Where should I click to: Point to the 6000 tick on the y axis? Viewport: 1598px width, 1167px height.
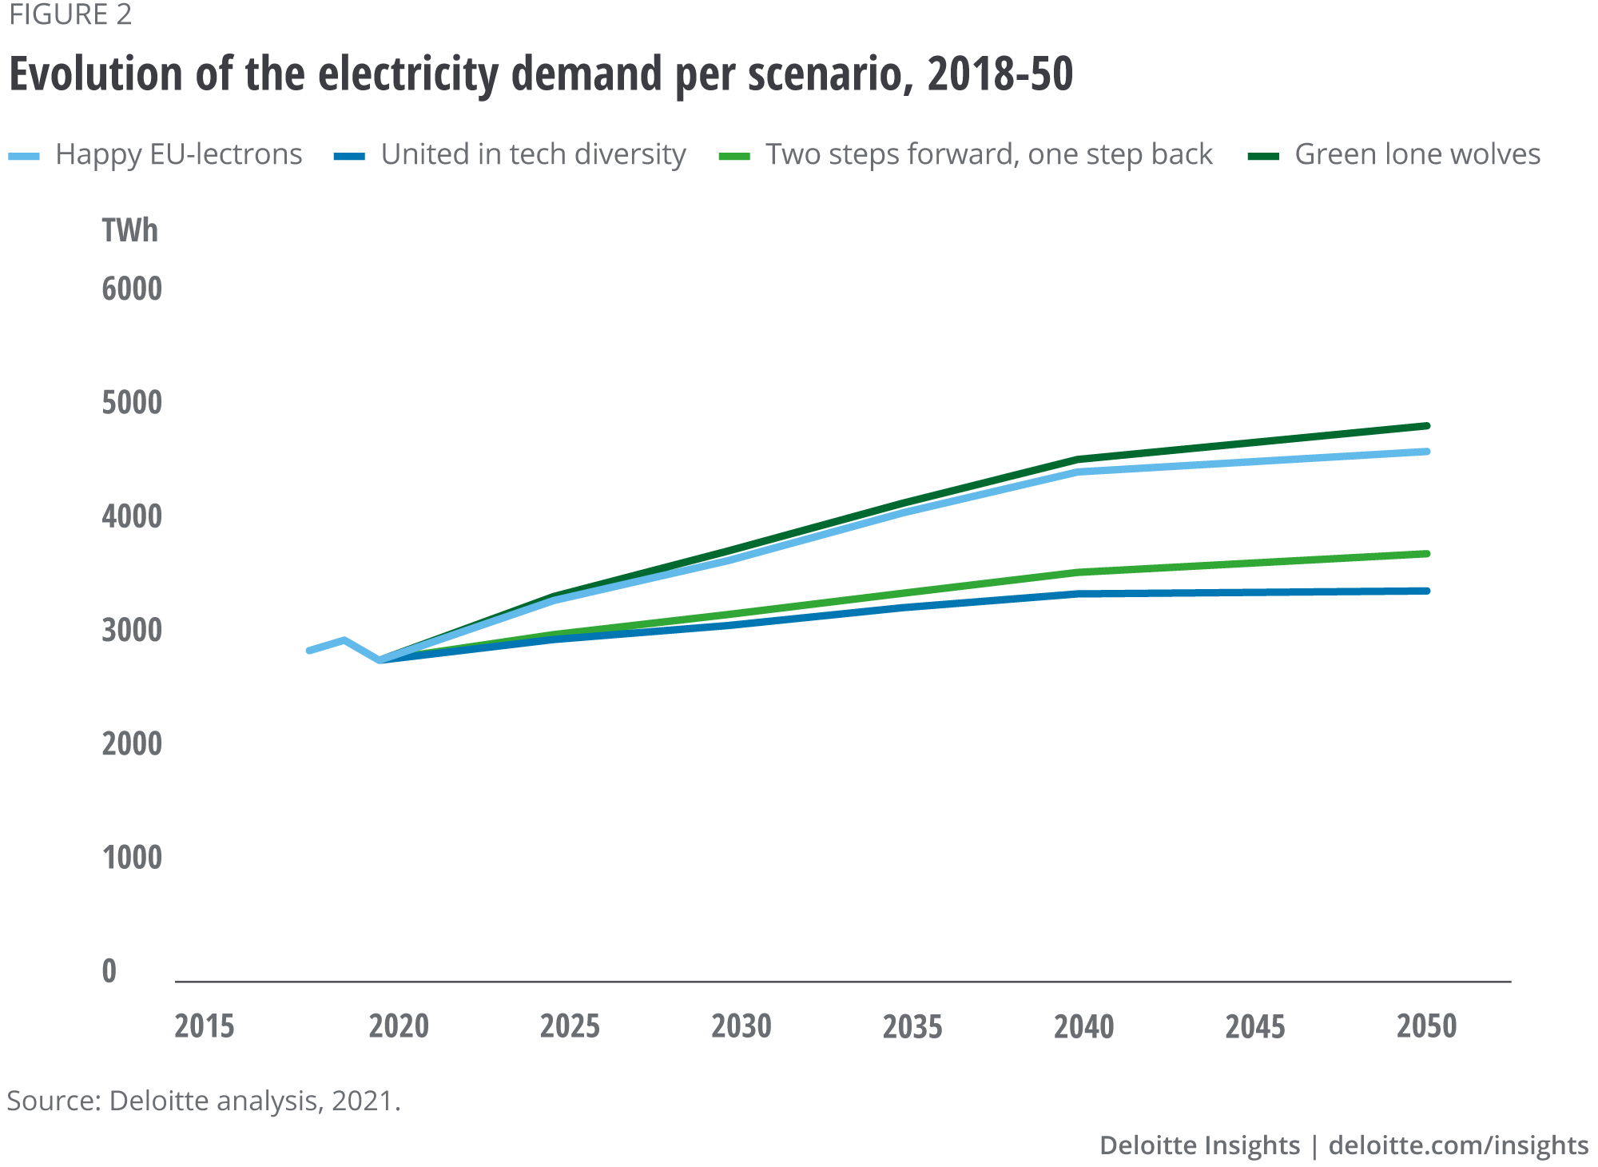click(132, 289)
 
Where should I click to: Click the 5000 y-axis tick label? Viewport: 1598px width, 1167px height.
click(132, 403)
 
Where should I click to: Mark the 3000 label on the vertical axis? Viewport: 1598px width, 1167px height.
click(132, 631)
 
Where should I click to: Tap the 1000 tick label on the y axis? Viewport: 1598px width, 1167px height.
click(132, 858)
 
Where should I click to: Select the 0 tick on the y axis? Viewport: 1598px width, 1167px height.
click(109, 972)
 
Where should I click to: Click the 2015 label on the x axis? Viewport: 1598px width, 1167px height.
click(205, 1026)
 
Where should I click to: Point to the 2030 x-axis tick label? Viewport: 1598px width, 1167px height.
click(741, 1026)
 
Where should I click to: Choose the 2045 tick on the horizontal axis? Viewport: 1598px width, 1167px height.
click(1255, 1026)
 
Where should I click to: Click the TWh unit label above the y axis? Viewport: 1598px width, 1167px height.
click(129, 231)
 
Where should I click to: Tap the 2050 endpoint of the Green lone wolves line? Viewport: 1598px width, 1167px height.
click(1427, 426)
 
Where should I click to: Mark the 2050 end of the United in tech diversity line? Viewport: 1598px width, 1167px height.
click(1427, 591)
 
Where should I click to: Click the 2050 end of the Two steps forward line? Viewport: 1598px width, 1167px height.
click(1427, 554)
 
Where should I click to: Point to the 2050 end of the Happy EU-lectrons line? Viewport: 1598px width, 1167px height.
click(1427, 452)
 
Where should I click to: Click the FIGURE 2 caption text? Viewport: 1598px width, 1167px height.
click(70, 15)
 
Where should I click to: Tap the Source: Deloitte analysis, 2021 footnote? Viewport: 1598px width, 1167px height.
click(203, 1101)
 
